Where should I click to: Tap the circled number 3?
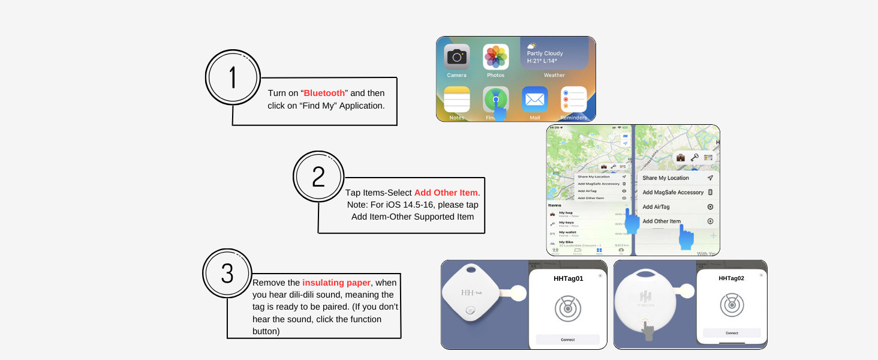227,274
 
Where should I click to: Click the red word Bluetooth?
324,93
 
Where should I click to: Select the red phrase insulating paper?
336,283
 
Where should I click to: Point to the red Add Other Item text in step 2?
446,193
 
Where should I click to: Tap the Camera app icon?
456,57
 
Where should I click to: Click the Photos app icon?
495,57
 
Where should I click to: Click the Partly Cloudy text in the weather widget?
545,53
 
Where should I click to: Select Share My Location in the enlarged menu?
666,178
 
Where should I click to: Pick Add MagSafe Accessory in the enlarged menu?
673,193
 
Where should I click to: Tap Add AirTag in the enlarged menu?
656,207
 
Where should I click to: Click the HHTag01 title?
568,278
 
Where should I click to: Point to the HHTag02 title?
731,278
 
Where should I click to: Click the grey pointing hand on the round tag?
648,330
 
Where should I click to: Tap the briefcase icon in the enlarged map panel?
681,158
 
